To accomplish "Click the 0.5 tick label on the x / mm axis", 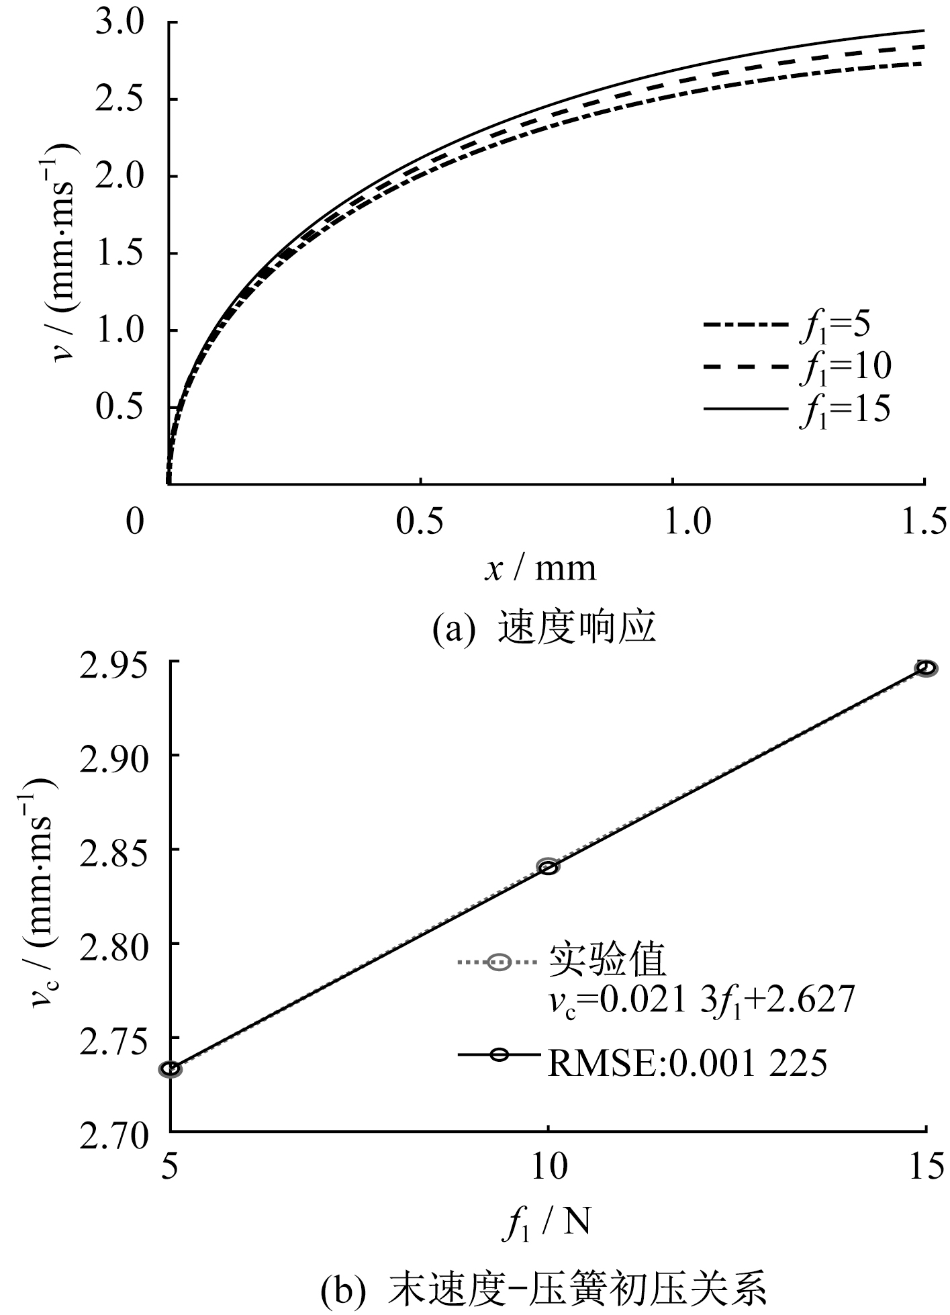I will coord(420,521).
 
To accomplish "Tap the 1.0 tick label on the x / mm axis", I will coord(672,521).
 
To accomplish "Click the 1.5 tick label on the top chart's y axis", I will coord(120,254).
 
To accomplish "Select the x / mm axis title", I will coord(540,568).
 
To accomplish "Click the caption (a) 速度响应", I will coord(543,629).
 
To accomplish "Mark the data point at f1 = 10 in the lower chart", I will coord(549,866).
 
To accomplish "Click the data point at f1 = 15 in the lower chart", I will coord(927,668).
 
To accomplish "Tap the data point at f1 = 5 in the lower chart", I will coord(171,1069).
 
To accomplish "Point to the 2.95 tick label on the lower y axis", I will coord(111,662).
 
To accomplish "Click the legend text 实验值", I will coord(608,961).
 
